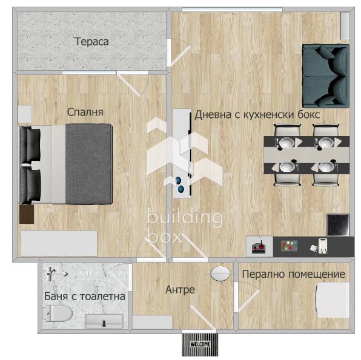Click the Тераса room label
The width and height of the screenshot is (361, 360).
click(91, 42)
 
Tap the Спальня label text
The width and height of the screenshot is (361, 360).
click(85, 113)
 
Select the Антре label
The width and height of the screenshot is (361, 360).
click(180, 290)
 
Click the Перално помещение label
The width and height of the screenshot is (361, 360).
click(294, 274)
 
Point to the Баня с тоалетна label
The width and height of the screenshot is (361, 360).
click(84, 296)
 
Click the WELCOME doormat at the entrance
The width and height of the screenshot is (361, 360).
click(200, 344)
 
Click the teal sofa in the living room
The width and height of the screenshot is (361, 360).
click(325, 76)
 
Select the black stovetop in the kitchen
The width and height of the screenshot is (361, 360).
click(338, 224)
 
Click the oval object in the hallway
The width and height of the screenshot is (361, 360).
click(220, 273)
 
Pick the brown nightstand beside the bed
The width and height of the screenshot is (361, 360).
click(27, 214)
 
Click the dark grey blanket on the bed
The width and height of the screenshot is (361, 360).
click(88, 164)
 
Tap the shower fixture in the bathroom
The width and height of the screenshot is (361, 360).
click(53, 273)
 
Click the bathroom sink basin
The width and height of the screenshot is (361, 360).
click(104, 321)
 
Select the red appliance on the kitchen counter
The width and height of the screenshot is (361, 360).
click(259, 247)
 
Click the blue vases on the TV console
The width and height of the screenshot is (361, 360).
click(179, 185)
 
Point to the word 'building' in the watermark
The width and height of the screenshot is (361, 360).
click(185, 217)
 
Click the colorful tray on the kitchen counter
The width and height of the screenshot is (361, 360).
click(290, 245)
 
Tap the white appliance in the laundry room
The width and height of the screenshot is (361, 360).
click(333, 300)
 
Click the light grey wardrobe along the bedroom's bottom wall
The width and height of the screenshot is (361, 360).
click(59, 243)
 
